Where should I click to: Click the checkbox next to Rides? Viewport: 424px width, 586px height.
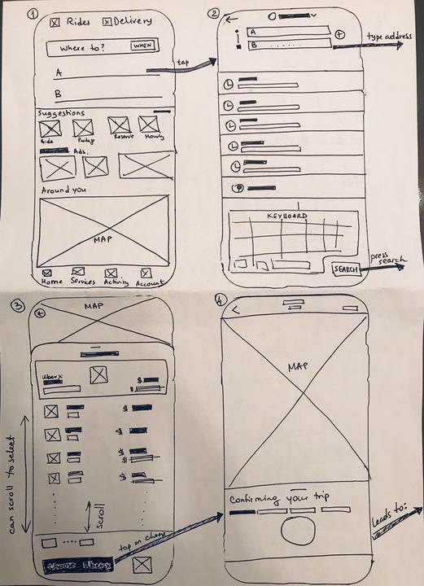click(55, 22)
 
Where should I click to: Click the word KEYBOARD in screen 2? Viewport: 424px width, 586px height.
click(287, 216)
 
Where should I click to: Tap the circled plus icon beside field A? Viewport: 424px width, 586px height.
click(341, 35)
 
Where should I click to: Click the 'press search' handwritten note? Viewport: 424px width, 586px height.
click(387, 260)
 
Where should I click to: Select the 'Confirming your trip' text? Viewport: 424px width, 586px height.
click(274, 498)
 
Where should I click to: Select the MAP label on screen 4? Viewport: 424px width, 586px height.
click(299, 368)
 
